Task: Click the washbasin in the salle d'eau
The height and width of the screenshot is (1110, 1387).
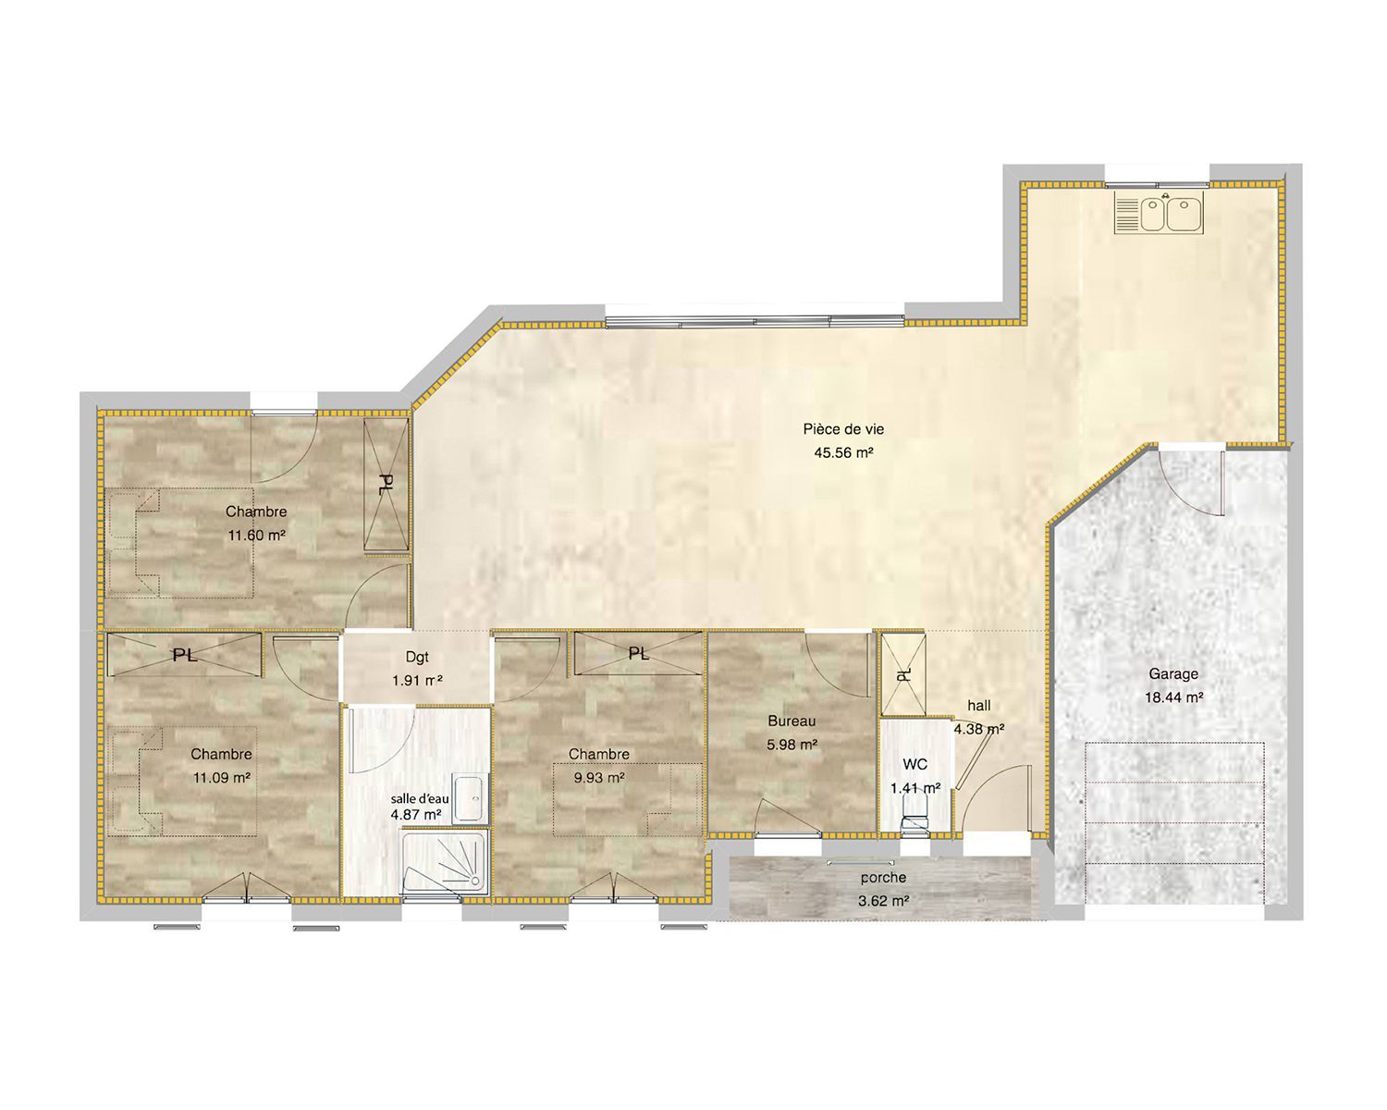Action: [x=470, y=798]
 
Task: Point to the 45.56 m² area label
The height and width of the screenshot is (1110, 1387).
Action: [x=843, y=452]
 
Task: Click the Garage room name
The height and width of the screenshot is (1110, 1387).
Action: [x=1173, y=673]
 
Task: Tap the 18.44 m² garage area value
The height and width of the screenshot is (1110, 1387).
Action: [x=1174, y=697]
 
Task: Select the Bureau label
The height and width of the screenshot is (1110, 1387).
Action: [x=792, y=721]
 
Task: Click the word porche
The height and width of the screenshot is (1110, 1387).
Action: [x=884, y=877]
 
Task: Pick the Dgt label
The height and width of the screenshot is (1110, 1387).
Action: [x=417, y=658]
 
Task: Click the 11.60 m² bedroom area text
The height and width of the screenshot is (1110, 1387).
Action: [x=256, y=535]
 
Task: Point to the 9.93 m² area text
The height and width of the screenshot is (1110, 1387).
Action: [x=599, y=777]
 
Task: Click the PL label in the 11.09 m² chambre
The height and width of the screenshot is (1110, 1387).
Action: [x=184, y=655]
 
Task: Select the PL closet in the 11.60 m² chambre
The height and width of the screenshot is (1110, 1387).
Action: [x=386, y=485]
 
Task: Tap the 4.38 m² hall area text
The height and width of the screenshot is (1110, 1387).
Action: [x=979, y=729]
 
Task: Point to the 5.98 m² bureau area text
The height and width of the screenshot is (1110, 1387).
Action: [x=792, y=745]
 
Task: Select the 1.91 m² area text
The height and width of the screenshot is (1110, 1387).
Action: [x=417, y=680]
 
